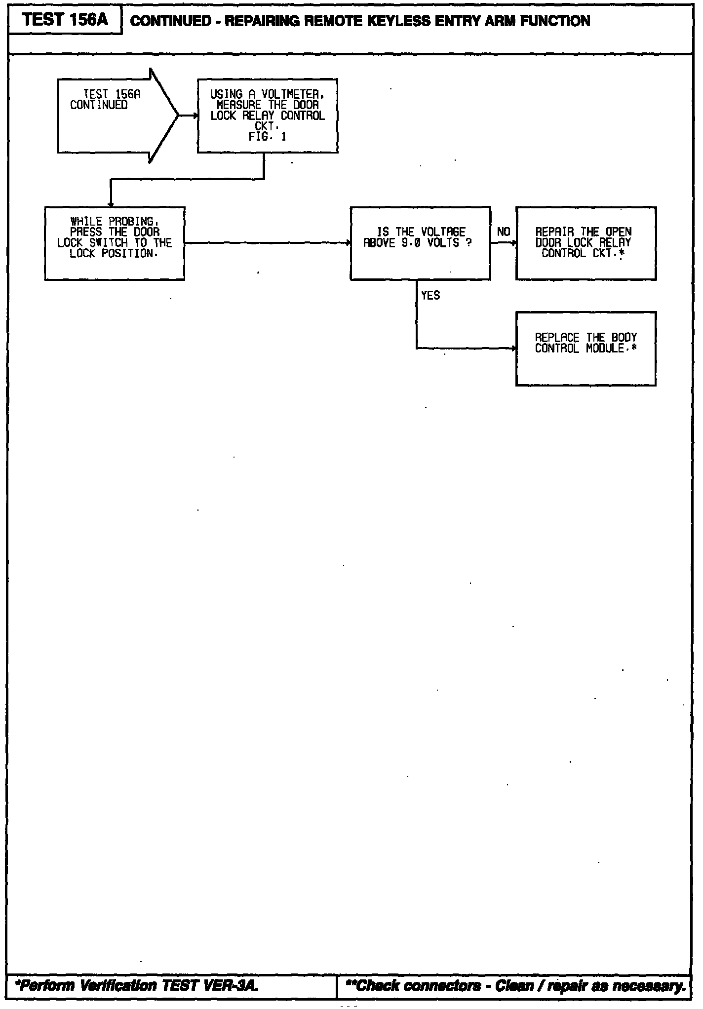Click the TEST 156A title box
pyautogui.click(x=66, y=20)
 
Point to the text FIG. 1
pyautogui.click(x=267, y=137)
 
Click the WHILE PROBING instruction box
pyautogui.click(x=115, y=243)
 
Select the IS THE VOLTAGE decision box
pyautogui.click(x=420, y=243)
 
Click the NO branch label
pyautogui.click(x=504, y=232)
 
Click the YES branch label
pyautogui.click(x=430, y=295)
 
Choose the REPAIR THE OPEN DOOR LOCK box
pyautogui.click(x=586, y=243)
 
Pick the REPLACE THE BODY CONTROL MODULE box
pyautogui.click(x=586, y=348)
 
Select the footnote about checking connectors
pyautogui.click(x=515, y=985)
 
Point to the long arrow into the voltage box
pyautogui.click(x=267, y=243)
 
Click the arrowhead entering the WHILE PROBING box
pyautogui.click(x=111, y=204)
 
